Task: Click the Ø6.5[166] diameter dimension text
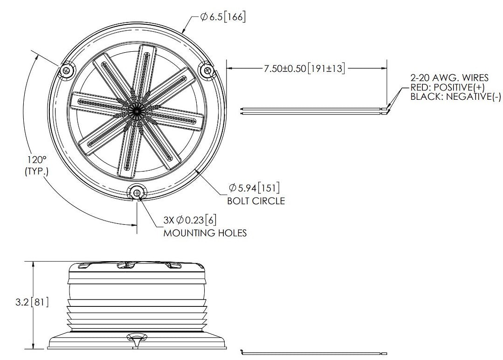click(x=223, y=17)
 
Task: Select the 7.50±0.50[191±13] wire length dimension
click(x=304, y=69)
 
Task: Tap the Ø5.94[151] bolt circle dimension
click(x=254, y=187)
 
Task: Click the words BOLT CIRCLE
click(x=256, y=201)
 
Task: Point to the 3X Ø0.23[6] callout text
click(x=190, y=220)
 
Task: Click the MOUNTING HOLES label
click(x=205, y=233)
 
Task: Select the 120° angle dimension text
click(x=36, y=159)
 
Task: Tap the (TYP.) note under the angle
click(x=36, y=171)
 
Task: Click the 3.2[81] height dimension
click(x=32, y=302)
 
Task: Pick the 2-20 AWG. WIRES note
click(x=449, y=78)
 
